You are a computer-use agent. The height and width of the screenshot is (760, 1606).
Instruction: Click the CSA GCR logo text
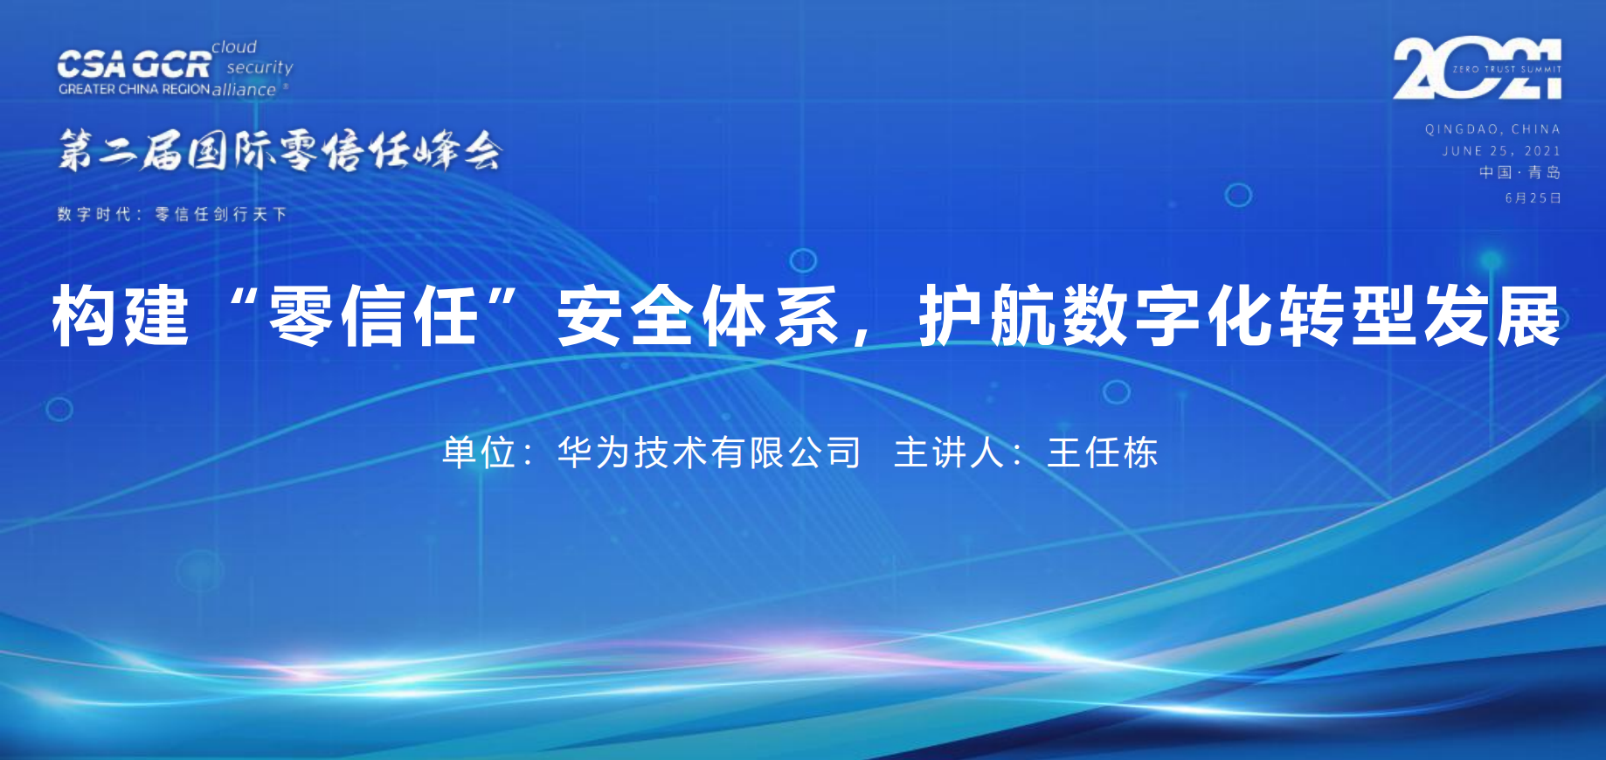pyautogui.click(x=134, y=64)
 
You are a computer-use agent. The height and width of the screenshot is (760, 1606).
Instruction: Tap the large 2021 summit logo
pyautogui.click(x=1477, y=68)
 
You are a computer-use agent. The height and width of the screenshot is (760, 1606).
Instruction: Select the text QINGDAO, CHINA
pyautogui.click(x=1492, y=129)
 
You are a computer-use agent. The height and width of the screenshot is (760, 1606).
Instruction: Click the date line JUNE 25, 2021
pyautogui.click(x=1500, y=151)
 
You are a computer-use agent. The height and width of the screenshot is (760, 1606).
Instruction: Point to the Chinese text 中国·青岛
pyautogui.click(x=1519, y=173)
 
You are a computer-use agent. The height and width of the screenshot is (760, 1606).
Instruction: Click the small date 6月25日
pyautogui.click(x=1533, y=198)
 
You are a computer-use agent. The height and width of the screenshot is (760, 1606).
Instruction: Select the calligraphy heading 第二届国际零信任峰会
pyautogui.click(x=280, y=151)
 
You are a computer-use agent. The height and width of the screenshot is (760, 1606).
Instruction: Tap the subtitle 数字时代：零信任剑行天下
pyautogui.click(x=172, y=214)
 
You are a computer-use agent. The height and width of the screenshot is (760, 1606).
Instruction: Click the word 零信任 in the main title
pyautogui.click(x=374, y=316)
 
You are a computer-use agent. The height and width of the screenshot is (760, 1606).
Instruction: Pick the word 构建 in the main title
pyautogui.click(x=121, y=316)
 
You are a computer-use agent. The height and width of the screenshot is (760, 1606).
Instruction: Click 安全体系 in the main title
pyautogui.click(x=699, y=316)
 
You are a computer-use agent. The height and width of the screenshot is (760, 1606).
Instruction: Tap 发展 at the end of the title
pyautogui.click(x=1492, y=316)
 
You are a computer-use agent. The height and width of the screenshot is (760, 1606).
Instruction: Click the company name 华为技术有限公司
pyautogui.click(x=709, y=453)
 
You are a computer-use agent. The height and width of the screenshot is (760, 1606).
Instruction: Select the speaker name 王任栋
pyautogui.click(x=1102, y=453)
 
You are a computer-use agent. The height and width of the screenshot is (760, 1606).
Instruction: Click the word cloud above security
pyautogui.click(x=234, y=47)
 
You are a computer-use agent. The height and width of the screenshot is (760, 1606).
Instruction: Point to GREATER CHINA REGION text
pyautogui.click(x=134, y=89)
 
